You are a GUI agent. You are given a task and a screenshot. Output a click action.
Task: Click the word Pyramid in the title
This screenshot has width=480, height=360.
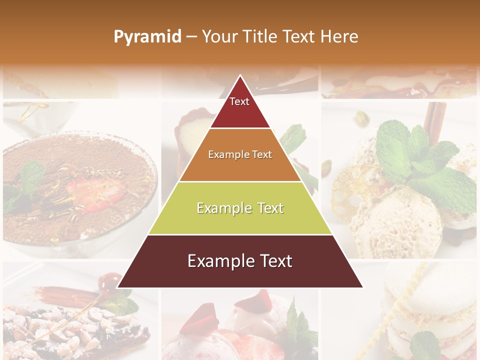147,37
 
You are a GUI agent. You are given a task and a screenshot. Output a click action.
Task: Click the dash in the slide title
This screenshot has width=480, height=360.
191,37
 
